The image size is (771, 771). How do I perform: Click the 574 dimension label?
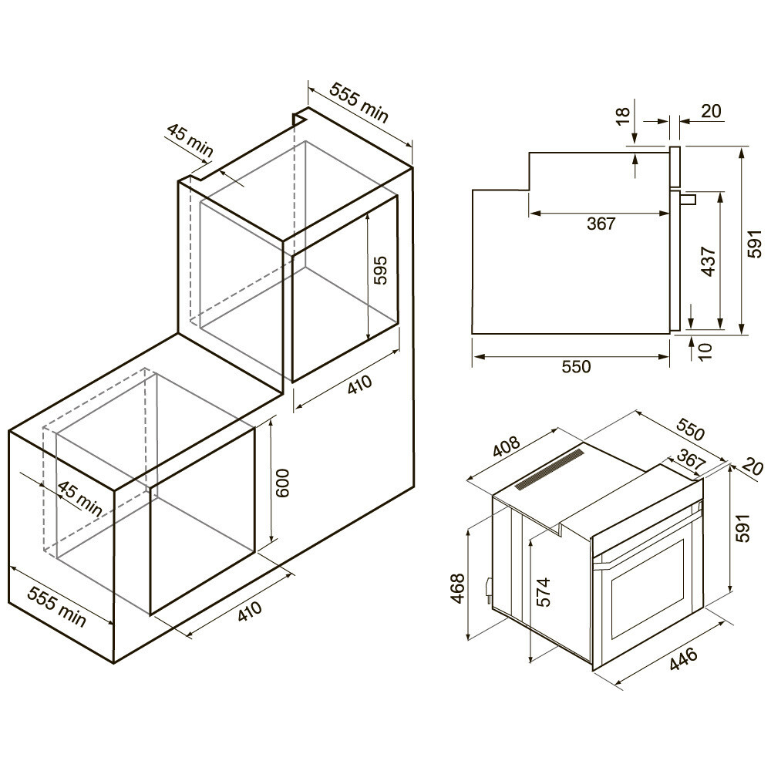point(544,593)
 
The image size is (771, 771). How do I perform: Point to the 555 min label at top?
point(359,101)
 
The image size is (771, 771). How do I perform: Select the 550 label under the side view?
point(576,367)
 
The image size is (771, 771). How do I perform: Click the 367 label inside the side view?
point(601,224)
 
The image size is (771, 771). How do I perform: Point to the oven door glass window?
point(648,589)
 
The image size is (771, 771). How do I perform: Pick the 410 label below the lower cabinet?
point(250,613)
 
